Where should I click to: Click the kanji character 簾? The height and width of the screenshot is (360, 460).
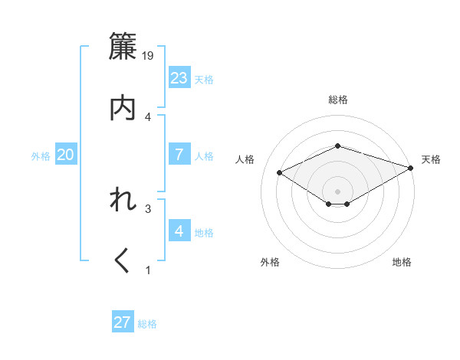click(x=123, y=47)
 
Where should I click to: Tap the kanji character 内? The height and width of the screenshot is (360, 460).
click(x=123, y=108)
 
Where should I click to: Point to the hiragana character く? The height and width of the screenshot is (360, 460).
click(x=123, y=261)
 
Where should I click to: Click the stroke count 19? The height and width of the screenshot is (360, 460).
click(x=149, y=55)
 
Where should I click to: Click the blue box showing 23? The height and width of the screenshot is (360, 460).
click(x=179, y=77)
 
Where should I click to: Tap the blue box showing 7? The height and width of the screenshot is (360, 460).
click(x=179, y=154)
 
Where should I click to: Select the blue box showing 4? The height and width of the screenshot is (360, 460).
click(x=179, y=231)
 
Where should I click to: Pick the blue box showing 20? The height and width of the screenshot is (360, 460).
click(x=66, y=155)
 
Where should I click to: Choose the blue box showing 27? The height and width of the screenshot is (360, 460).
click(x=123, y=322)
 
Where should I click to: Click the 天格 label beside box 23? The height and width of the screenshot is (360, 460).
click(x=204, y=80)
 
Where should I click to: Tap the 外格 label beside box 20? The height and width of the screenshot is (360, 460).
click(x=41, y=156)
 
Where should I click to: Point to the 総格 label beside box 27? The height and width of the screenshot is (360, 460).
click(x=147, y=325)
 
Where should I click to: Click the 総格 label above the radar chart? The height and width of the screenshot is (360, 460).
click(x=338, y=100)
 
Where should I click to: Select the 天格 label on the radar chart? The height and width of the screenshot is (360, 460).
click(x=432, y=159)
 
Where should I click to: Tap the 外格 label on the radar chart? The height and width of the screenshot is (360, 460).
click(x=270, y=262)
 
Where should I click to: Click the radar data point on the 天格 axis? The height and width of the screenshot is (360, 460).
click(x=412, y=168)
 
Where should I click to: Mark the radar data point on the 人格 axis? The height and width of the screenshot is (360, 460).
click(x=280, y=172)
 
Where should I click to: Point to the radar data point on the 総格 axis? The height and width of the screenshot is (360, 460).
click(x=338, y=146)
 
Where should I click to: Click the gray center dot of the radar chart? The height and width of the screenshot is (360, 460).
click(x=338, y=191)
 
